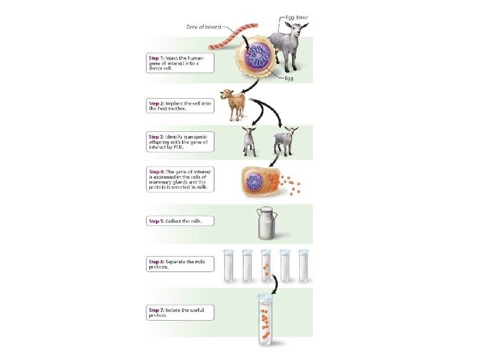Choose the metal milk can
point(268,223)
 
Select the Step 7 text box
point(179,311)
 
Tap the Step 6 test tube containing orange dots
point(267,265)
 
